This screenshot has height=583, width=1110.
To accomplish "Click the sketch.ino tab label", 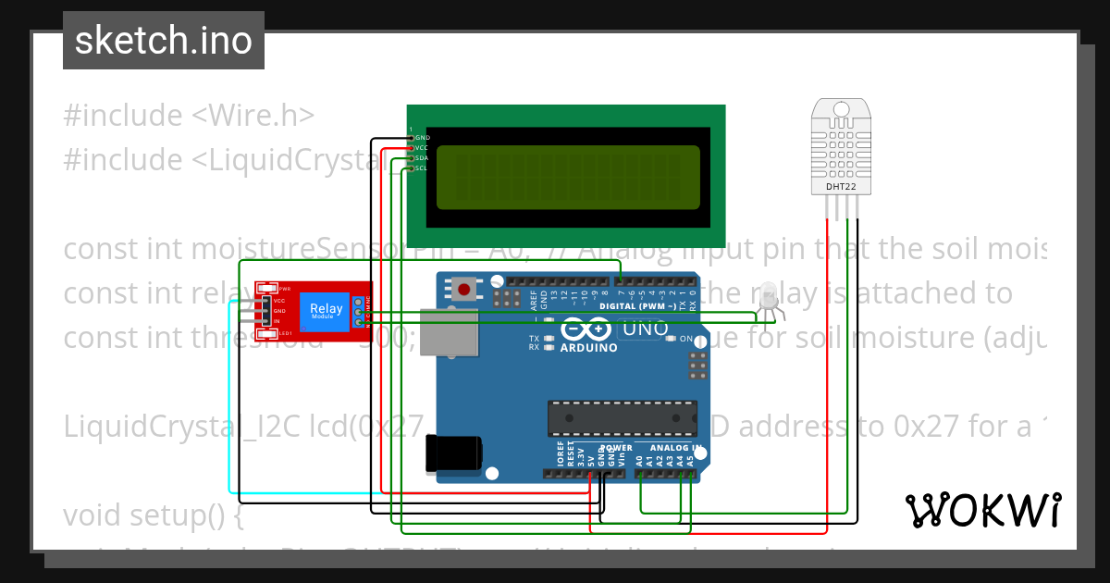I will click(163, 41).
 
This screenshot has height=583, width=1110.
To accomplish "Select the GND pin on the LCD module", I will click(412, 138).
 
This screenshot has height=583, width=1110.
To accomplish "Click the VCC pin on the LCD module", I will click(412, 148).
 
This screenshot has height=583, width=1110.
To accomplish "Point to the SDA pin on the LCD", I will click(412, 158).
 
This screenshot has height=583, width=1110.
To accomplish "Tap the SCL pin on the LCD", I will click(412, 168).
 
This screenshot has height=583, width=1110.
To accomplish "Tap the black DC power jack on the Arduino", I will click(453, 453).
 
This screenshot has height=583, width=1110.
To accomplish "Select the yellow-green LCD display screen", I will click(567, 177).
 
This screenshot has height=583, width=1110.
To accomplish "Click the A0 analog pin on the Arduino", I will click(640, 474).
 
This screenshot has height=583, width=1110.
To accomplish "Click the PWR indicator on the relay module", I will click(271, 289).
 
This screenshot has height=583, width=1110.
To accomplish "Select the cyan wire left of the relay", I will click(229, 398).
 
